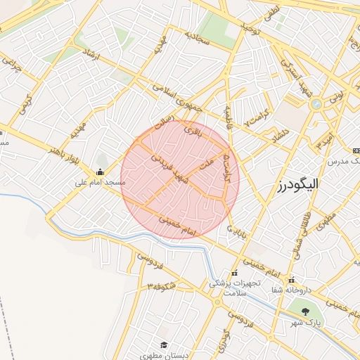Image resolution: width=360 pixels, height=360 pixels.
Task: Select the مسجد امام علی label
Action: pos(101,182)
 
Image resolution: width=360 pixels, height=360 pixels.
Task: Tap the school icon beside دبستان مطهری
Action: pos(165,345)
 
